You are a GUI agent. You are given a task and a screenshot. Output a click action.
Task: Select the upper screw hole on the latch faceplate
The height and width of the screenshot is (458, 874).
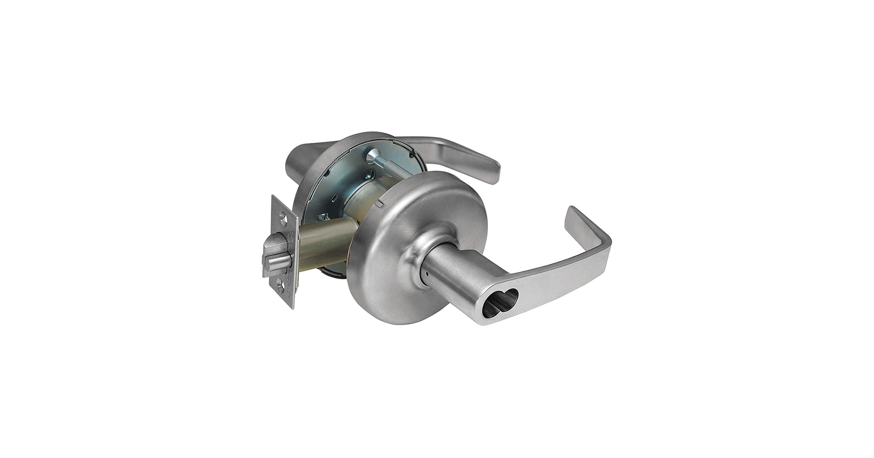283,218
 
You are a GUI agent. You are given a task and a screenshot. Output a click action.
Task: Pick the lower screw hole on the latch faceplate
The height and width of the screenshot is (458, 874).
281,286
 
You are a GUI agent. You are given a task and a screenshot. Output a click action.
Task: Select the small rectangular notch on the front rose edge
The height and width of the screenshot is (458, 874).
379,204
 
